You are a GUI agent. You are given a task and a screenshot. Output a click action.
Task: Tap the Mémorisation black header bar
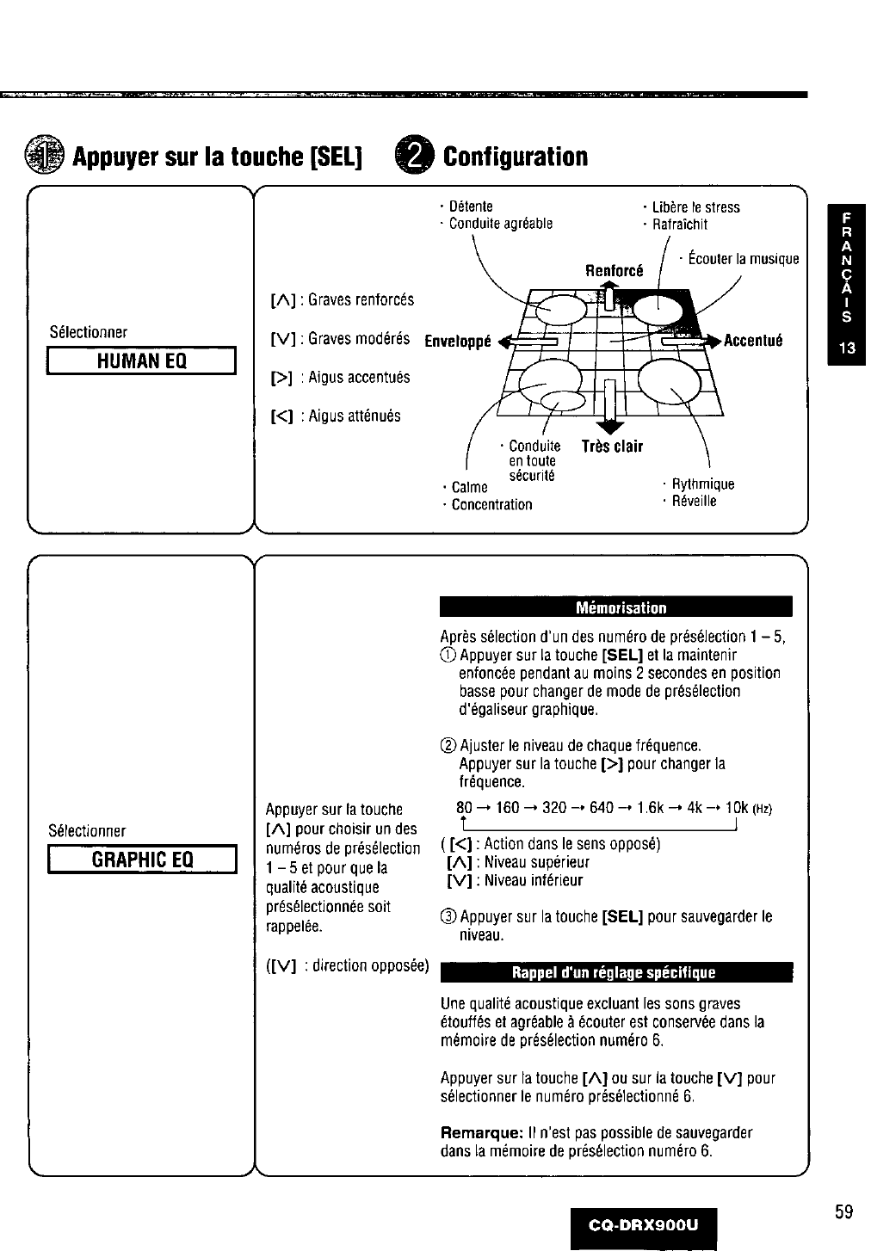click(x=615, y=607)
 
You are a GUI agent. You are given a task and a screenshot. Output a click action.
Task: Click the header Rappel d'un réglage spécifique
click(x=615, y=972)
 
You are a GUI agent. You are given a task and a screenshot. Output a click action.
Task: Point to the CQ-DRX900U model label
click(x=643, y=1221)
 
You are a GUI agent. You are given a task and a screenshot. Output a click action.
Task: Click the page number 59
click(x=843, y=1212)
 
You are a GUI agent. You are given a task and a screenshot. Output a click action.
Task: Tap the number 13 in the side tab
click(x=846, y=348)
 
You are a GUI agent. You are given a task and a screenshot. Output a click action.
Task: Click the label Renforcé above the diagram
click(x=615, y=270)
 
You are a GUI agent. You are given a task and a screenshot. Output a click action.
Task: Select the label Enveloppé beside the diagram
click(x=458, y=341)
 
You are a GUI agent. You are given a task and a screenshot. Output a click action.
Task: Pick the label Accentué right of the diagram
click(x=753, y=340)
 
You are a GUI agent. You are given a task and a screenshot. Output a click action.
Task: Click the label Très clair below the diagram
click(x=612, y=447)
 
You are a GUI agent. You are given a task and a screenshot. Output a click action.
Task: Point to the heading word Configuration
click(x=515, y=157)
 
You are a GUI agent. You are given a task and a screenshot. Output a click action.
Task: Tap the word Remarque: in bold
click(x=477, y=1132)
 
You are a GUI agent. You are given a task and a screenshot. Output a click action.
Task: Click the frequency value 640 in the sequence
click(x=602, y=809)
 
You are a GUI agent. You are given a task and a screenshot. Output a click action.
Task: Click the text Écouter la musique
click(x=743, y=259)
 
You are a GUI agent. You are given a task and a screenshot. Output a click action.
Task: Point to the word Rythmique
click(x=702, y=484)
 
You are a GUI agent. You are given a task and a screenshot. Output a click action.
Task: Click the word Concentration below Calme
click(x=491, y=505)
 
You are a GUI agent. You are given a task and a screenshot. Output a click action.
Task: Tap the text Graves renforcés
click(x=361, y=299)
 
